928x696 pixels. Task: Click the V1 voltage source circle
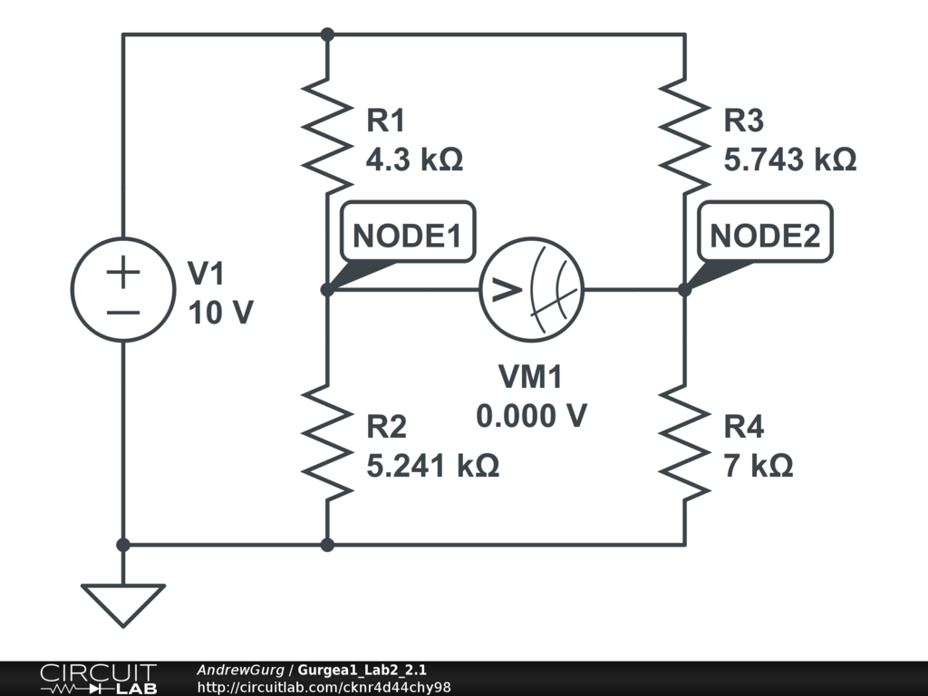tap(123, 290)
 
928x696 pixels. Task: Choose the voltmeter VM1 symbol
tap(531, 290)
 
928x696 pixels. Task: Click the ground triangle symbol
tap(123, 604)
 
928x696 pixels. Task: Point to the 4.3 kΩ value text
tap(414, 159)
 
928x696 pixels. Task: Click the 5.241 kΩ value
tap(432, 466)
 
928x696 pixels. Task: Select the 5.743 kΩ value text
tap(790, 159)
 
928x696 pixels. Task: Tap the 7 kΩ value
tap(759, 466)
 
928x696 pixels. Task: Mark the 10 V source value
tap(220, 313)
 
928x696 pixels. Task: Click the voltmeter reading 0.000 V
tap(531, 416)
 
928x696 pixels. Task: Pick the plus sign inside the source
tap(123, 273)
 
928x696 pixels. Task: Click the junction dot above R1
tap(327, 34)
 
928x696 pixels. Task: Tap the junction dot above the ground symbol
tap(123, 545)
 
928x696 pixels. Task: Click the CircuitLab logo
tap(98, 679)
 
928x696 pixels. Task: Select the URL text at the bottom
tap(324, 687)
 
